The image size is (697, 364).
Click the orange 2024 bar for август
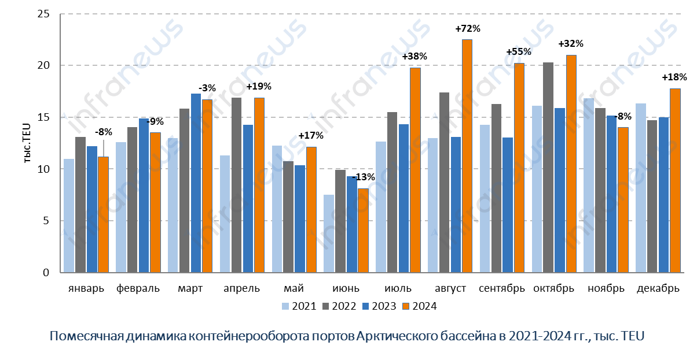[467, 156]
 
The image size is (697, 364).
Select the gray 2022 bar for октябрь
[548, 168]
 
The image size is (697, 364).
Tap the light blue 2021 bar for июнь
[329, 233]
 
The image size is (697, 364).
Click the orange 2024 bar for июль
[415, 170]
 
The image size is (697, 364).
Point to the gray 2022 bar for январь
[80, 205]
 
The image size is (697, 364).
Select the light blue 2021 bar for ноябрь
[589, 185]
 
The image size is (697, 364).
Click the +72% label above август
[468, 28]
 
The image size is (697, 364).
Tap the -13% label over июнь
[364, 177]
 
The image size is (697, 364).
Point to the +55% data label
[519, 51]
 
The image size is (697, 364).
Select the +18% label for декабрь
[675, 77]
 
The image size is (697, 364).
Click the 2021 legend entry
[299, 306]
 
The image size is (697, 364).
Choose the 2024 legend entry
[420, 306]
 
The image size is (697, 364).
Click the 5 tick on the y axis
[47, 221]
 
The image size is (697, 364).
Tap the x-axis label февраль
[138, 288]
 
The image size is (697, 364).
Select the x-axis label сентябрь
[502, 288]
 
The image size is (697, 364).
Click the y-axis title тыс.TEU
[27, 143]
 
